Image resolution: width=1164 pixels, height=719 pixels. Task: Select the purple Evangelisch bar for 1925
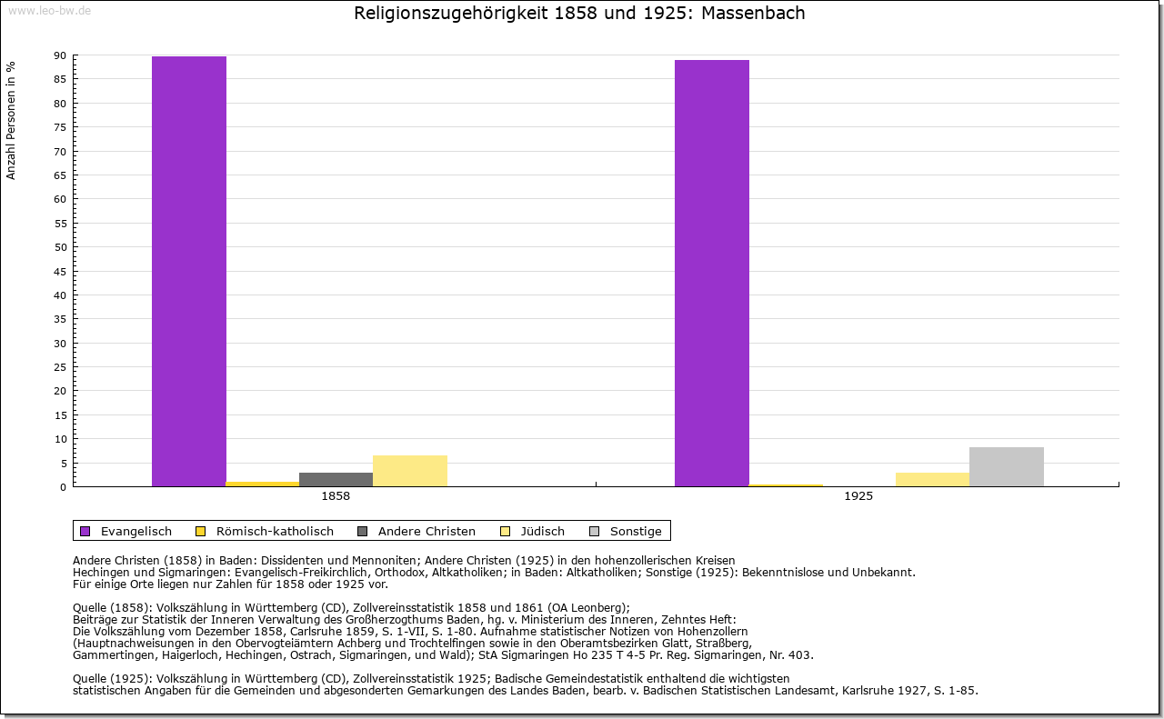[712, 273]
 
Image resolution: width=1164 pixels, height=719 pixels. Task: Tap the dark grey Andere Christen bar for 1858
[336, 479]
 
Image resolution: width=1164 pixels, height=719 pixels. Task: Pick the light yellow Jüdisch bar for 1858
[410, 471]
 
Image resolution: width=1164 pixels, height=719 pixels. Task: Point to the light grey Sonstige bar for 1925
[1007, 466]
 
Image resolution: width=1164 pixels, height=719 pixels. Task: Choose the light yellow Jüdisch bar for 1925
[932, 479]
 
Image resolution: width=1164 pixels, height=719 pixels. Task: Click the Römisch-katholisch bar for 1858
[263, 484]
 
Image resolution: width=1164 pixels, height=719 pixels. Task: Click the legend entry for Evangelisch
[135, 531]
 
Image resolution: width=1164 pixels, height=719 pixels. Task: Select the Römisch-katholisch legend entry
[274, 531]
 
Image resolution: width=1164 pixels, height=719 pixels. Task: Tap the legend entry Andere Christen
[426, 531]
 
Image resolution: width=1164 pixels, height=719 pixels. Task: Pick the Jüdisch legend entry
[541, 531]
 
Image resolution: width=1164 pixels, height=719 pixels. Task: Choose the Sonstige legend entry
[635, 531]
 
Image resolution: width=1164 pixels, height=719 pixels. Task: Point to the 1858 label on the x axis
[336, 497]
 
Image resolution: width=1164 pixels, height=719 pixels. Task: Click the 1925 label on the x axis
[858, 497]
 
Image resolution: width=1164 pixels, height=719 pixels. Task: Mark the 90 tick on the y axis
[60, 55]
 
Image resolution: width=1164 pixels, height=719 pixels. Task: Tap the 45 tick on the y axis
[60, 271]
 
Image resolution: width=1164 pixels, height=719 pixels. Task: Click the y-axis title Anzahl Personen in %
[12, 120]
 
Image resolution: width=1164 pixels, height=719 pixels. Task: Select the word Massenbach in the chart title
[753, 14]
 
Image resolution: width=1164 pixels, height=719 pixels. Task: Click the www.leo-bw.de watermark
[48, 10]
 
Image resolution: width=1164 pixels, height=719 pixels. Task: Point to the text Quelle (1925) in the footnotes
[114, 678]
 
